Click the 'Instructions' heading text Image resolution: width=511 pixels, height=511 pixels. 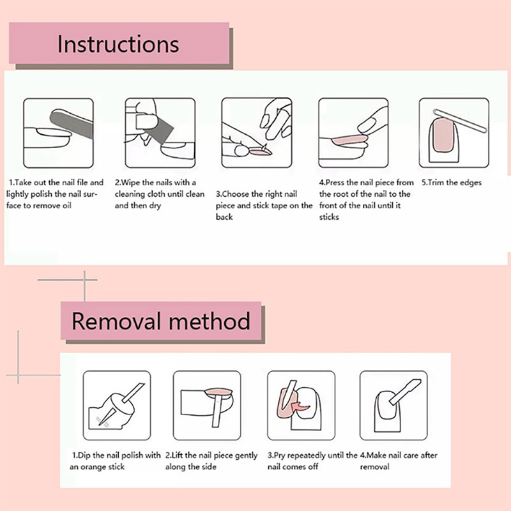pyautogui.click(x=118, y=44)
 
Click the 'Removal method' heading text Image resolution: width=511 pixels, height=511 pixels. pyautogui.click(x=161, y=321)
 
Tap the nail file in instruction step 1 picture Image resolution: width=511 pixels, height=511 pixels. pyautogui.click(x=72, y=121)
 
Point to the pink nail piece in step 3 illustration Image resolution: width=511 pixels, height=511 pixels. pyautogui.click(x=260, y=151)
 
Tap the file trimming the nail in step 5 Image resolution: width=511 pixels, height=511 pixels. pyautogui.click(x=460, y=121)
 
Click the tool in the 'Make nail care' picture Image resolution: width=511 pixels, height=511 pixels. pyautogui.click(x=405, y=392)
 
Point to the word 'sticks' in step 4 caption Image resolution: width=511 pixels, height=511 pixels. pyautogui.click(x=329, y=217)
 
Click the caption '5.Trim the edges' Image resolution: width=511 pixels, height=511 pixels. pyautogui.click(x=452, y=183)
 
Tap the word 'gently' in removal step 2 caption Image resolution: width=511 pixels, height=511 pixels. pyautogui.click(x=246, y=455)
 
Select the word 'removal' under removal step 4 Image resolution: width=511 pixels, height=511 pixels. pyautogui.click(x=374, y=467)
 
